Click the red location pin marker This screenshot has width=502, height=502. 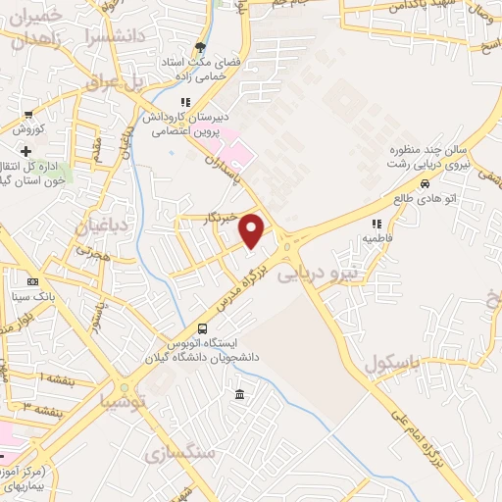click(253, 229)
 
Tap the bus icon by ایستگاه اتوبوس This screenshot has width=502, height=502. click(202, 328)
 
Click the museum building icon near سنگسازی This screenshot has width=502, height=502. click(240, 394)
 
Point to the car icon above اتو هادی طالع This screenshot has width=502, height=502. click(425, 183)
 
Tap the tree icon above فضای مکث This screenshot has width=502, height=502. click(201, 47)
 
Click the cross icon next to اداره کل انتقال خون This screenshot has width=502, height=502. click(25, 151)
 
